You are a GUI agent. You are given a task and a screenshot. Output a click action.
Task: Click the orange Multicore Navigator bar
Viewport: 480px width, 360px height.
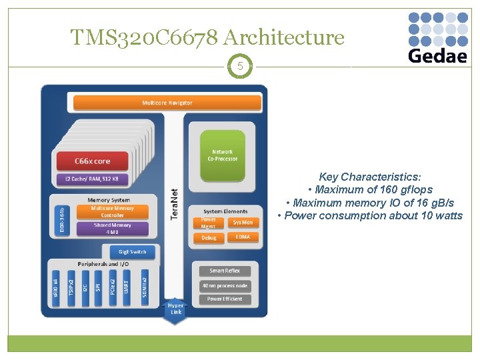(x=167, y=103)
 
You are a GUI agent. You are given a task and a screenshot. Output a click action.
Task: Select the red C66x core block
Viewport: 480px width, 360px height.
(x=92, y=161)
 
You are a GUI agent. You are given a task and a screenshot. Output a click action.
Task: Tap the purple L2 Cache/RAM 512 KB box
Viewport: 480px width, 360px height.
(x=92, y=179)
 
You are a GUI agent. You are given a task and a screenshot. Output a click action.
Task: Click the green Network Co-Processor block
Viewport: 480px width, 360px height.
(x=223, y=155)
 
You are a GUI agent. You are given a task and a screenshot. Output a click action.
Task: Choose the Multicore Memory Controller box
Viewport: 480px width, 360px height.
(x=112, y=211)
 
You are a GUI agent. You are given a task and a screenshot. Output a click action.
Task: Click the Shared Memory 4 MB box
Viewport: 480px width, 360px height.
(x=112, y=229)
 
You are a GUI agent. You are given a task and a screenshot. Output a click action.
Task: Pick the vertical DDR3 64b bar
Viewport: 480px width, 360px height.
(x=60, y=219)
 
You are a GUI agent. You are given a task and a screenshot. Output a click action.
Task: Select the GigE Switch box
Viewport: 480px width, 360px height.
(x=132, y=252)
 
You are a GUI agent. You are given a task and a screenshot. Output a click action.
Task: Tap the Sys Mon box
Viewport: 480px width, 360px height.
(x=242, y=222)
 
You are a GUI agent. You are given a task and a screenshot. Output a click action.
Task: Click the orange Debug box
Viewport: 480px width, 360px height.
(x=209, y=238)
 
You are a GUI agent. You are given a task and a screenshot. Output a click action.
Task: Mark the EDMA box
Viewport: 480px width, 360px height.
(x=242, y=237)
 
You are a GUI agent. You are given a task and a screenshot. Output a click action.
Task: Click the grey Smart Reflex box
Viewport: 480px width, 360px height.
(x=224, y=271)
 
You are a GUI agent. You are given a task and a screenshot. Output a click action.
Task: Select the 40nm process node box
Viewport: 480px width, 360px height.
(x=224, y=285)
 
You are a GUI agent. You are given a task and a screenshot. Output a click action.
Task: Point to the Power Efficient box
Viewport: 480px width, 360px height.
(x=224, y=299)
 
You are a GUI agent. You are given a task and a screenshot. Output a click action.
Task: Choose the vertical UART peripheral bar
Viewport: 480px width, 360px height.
(x=127, y=288)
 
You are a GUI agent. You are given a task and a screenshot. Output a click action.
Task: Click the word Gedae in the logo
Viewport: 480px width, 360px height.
(x=437, y=55)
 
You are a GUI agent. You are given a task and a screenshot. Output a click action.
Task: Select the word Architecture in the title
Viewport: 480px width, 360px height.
(x=288, y=37)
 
